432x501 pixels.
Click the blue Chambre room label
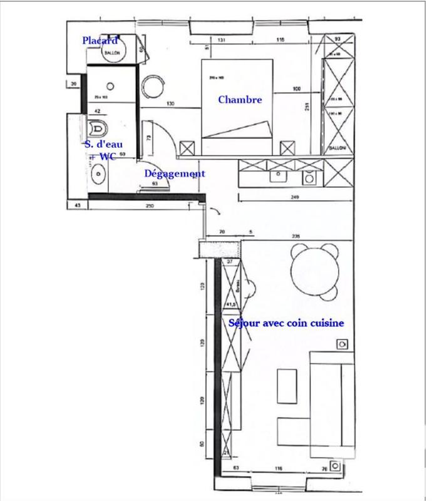coord(240,100)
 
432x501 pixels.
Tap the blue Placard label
coord(100,41)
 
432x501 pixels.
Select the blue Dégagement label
coord(175,173)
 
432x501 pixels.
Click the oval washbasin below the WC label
coord(97,174)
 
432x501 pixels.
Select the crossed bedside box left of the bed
coord(187,148)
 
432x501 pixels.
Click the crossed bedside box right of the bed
coord(287,148)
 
